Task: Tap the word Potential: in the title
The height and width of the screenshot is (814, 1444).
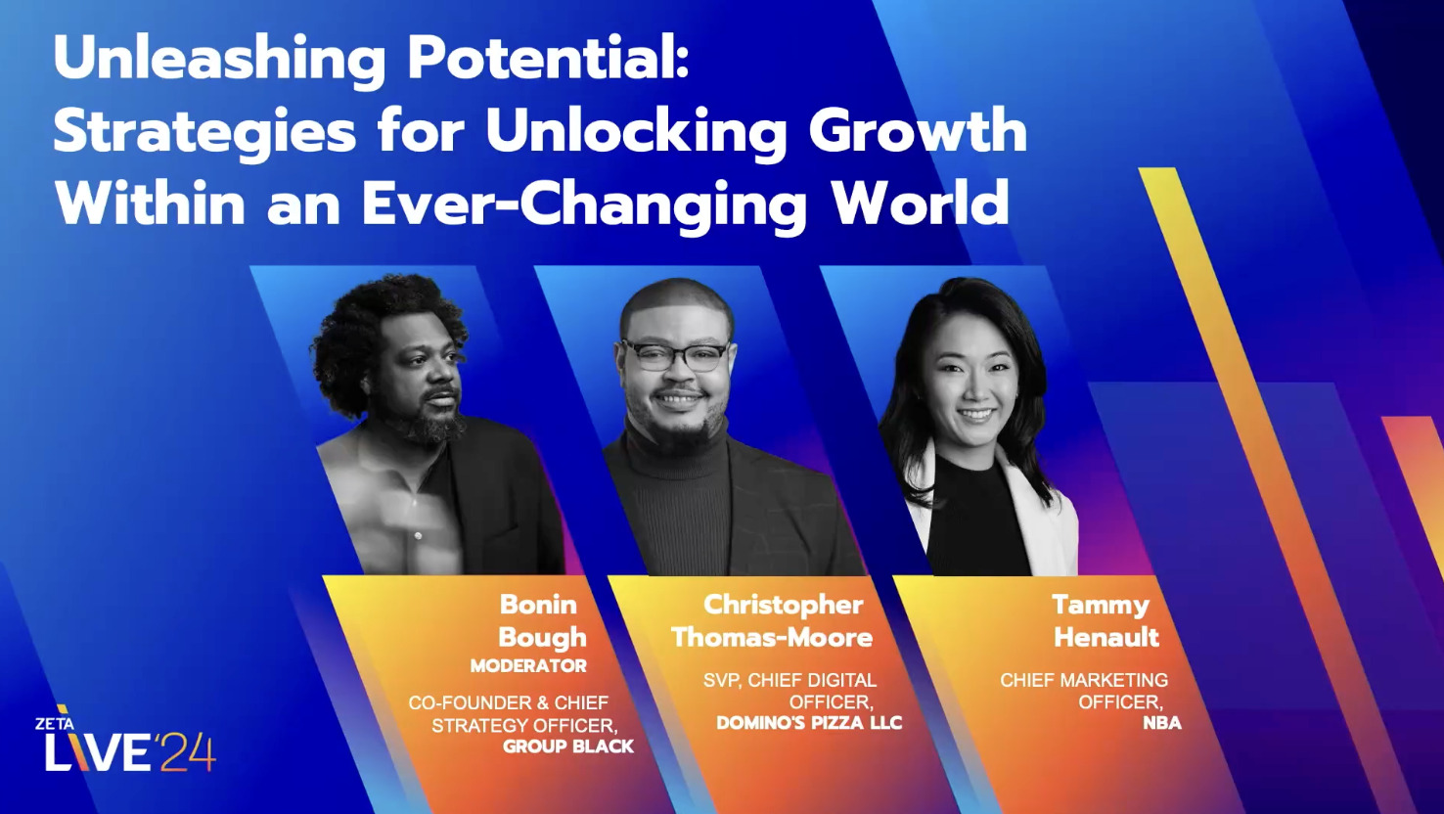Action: [x=549, y=61]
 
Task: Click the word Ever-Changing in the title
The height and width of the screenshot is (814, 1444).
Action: [x=584, y=205]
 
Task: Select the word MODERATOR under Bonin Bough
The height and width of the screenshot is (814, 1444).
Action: [x=528, y=666]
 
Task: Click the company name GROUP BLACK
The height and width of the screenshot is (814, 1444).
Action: [x=568, y=746]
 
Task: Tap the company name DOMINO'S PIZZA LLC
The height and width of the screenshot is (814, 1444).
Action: [x=809, y=723]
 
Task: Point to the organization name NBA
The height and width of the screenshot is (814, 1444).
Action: [x=1162, y=723]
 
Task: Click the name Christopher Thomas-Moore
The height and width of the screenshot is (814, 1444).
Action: [x=773, y=621]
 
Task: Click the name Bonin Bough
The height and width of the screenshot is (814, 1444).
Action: [x=541, y=621]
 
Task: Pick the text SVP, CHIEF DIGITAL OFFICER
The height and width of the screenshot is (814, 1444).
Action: [x=790, y=691]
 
